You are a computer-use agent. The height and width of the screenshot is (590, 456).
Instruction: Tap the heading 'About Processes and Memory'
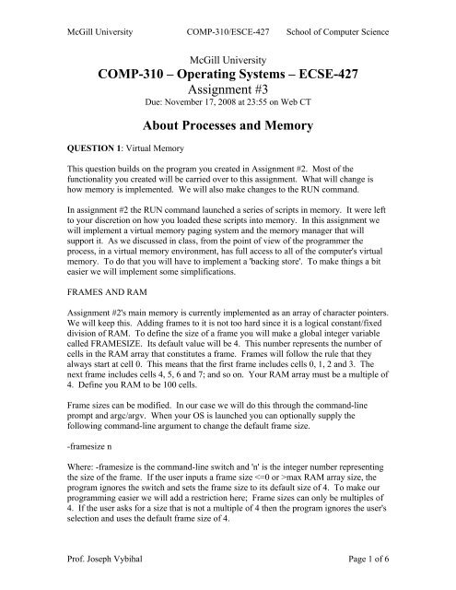[228, 129]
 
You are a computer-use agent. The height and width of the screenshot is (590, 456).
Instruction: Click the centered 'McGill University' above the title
[228, 56]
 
